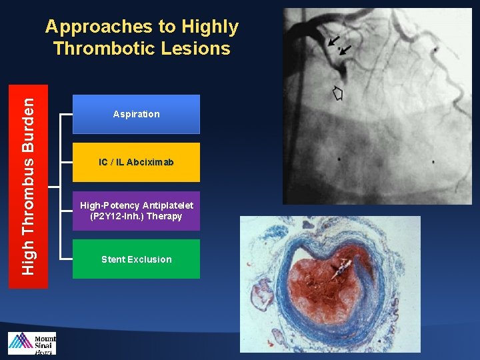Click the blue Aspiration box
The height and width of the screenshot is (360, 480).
coord(136,114)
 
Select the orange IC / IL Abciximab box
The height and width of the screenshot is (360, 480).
coord(136,162)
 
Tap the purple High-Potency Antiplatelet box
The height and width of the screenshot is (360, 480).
coord(136,211)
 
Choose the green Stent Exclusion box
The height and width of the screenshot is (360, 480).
coord(136,259)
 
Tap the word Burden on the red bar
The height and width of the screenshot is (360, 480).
coord(28,126)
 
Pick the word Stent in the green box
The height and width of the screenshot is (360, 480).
coord(114,259)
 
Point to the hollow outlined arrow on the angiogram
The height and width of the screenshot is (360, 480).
coord(337,93)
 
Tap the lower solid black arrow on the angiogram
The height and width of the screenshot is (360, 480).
coord(344,50)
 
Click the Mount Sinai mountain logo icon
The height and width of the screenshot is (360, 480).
coord(20,343)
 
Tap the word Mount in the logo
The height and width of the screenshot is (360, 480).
coord(45,338)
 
